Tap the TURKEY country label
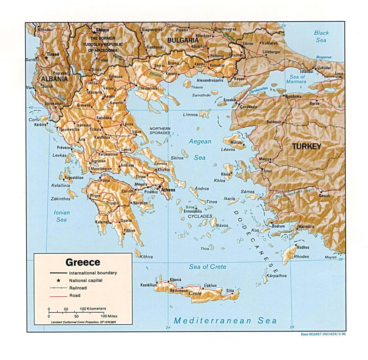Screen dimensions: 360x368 tap(306, 146)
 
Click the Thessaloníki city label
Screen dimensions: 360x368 tap(148, 88)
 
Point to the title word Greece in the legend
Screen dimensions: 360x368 tap(83, 262)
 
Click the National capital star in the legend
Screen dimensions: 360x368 tap(59, 280)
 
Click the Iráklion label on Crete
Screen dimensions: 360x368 tap(210, 286)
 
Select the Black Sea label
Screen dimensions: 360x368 tap(321, 36)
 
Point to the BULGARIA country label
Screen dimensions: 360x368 tap(183, 40)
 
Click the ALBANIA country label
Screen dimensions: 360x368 tap(54, 79)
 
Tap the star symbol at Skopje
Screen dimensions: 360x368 tap(94, 32)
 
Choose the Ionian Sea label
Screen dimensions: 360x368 tap(62, 216)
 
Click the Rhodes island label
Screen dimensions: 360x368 tap(301, 257)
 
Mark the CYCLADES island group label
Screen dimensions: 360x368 tap(200, 216)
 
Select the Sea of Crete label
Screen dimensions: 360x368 tap(207, 267)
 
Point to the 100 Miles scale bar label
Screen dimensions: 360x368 tap(109, 316)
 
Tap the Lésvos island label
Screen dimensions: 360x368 tap(228, 150)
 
